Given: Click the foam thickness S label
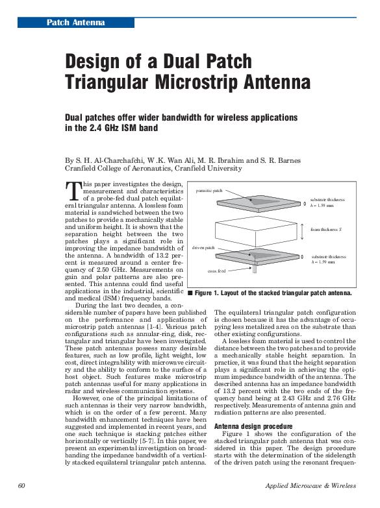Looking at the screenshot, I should tap(326, 230).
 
